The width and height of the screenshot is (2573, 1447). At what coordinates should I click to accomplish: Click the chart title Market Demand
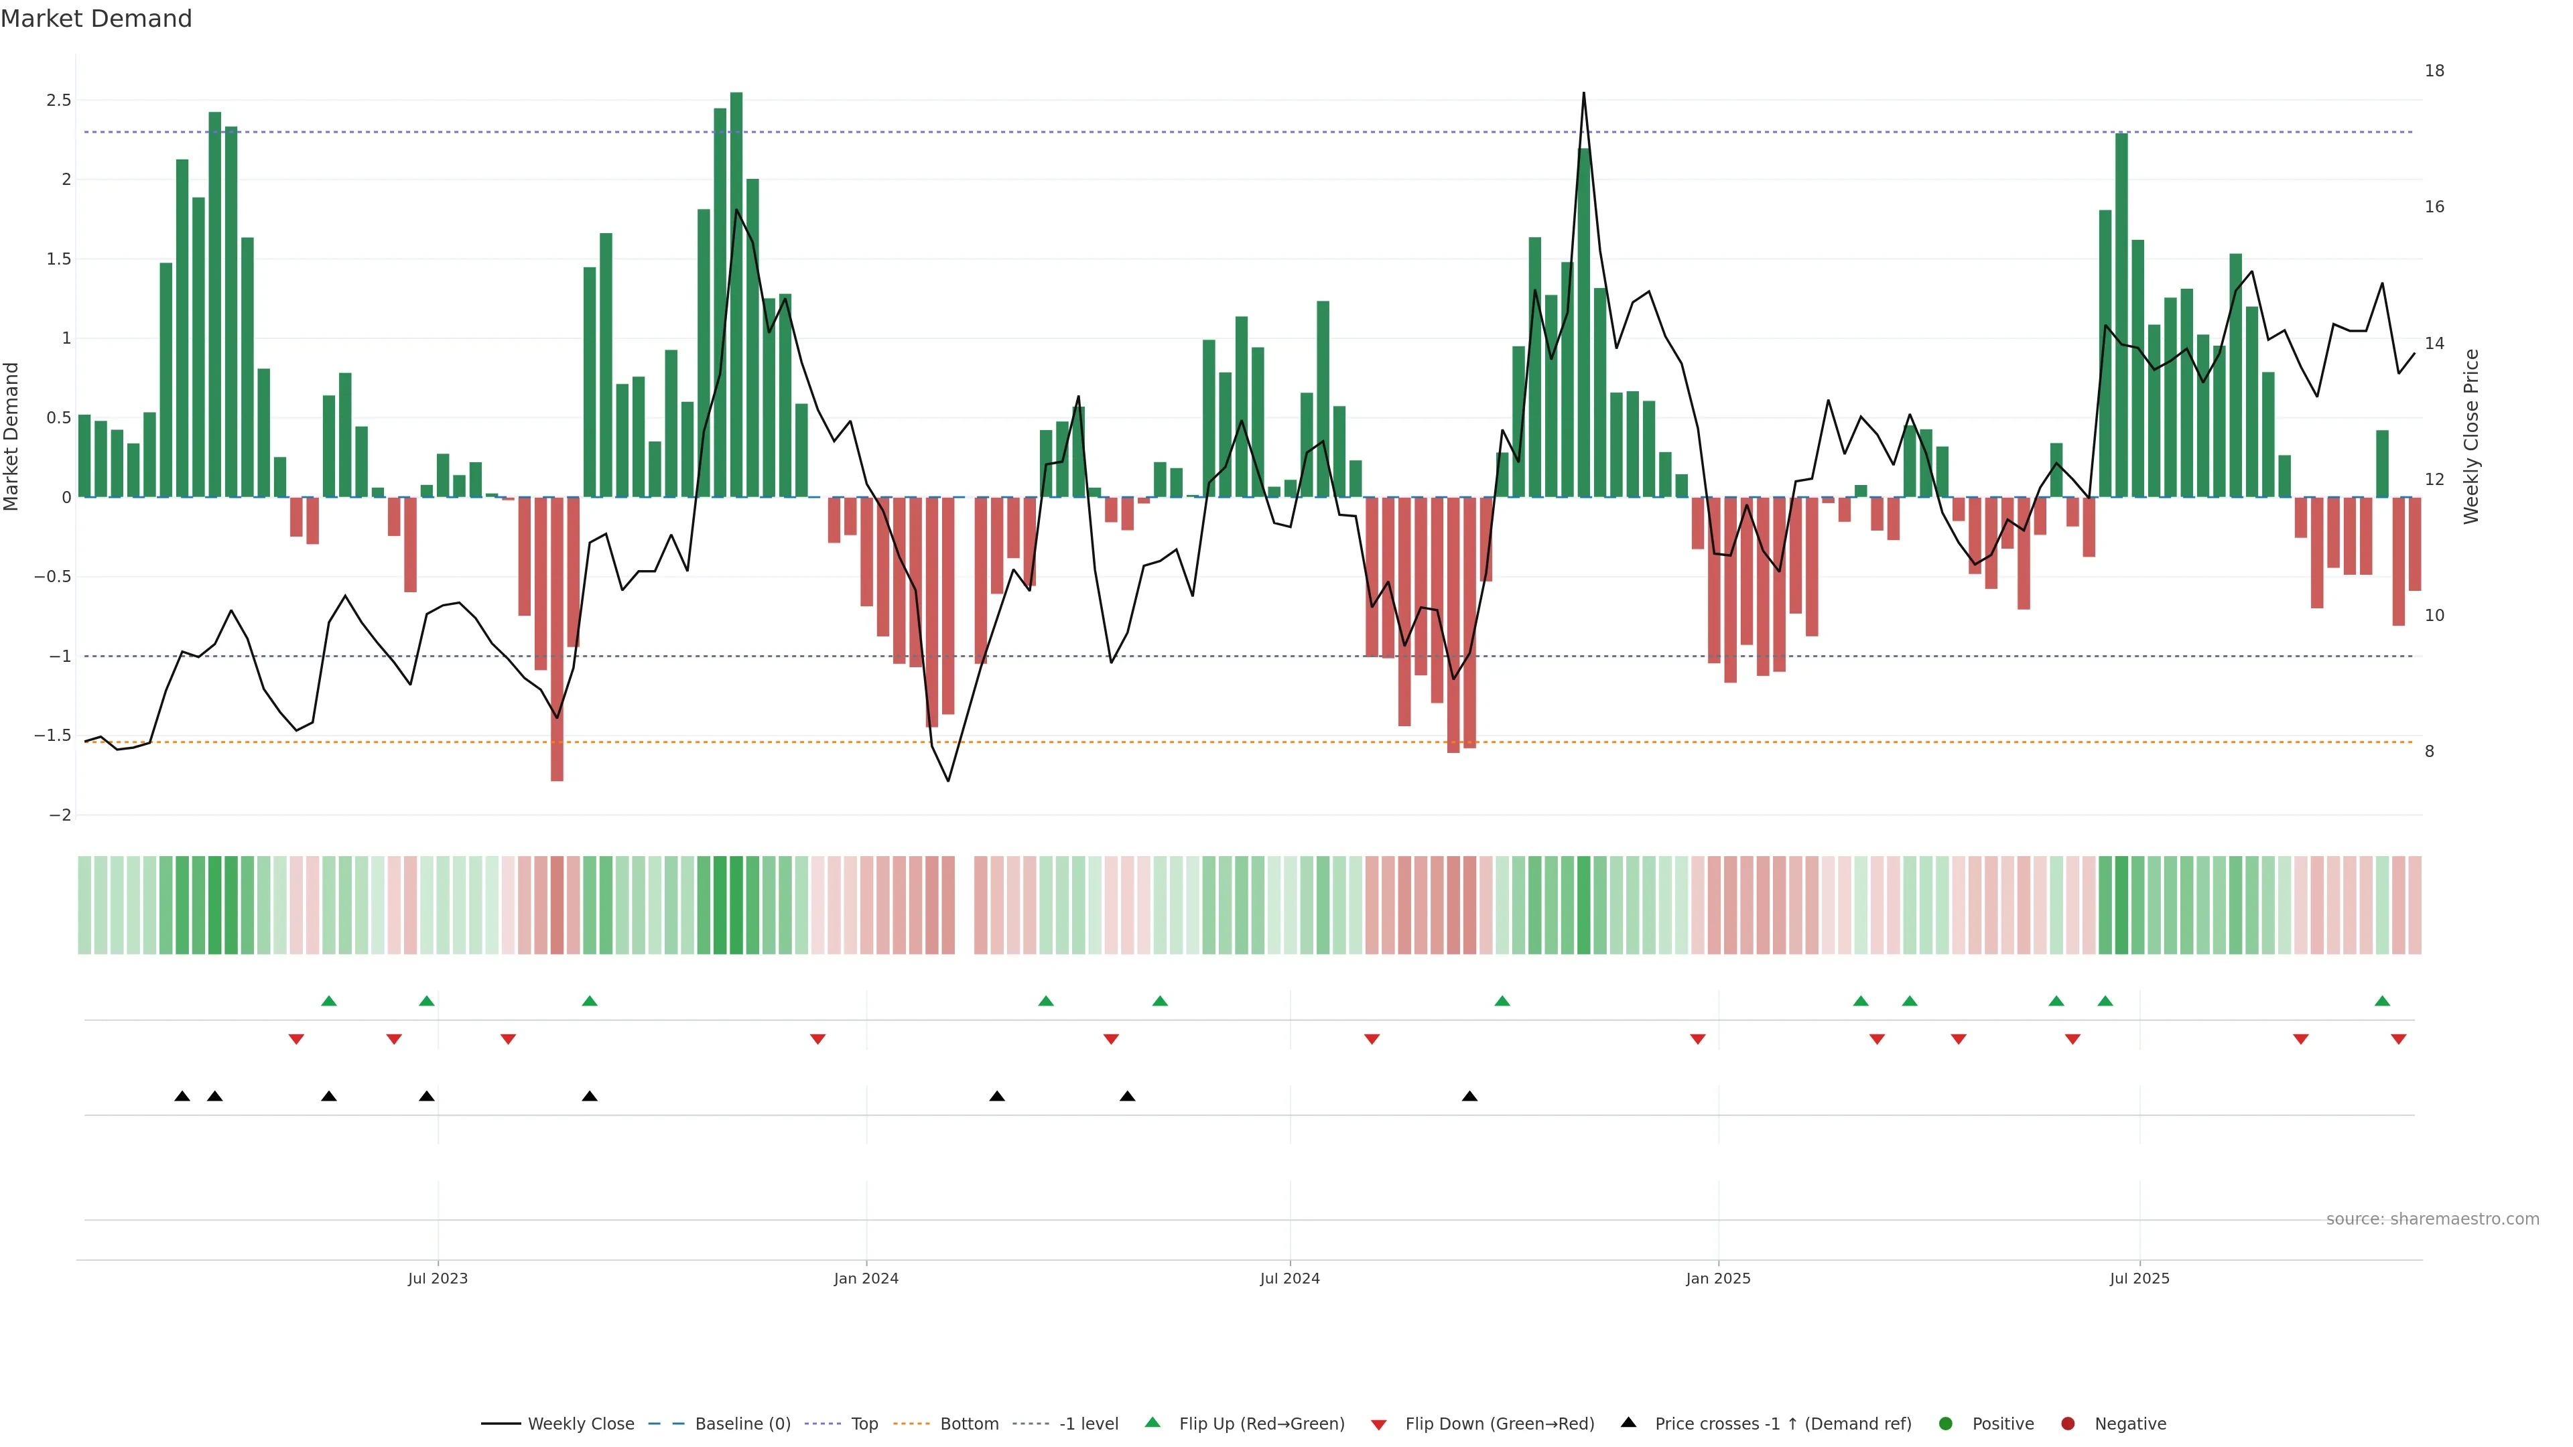[96, 19]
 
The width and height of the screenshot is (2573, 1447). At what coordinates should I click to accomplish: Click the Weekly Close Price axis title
[2471, 436]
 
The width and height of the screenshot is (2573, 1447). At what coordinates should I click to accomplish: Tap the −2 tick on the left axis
[59, 815]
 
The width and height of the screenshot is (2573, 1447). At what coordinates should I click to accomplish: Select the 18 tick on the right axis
[2435, 71]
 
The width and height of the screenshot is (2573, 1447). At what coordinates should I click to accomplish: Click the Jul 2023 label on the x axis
[438, 1278]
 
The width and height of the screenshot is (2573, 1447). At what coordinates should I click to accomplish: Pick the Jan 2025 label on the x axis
[1718, 1278]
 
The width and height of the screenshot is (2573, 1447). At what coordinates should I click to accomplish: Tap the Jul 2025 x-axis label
[2139, 1278]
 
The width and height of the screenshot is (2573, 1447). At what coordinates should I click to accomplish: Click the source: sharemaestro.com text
[2432, 1219]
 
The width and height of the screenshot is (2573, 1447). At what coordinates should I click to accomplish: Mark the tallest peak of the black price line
[1583, 94]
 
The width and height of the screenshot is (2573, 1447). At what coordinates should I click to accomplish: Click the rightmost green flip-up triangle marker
[2382, 1001]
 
